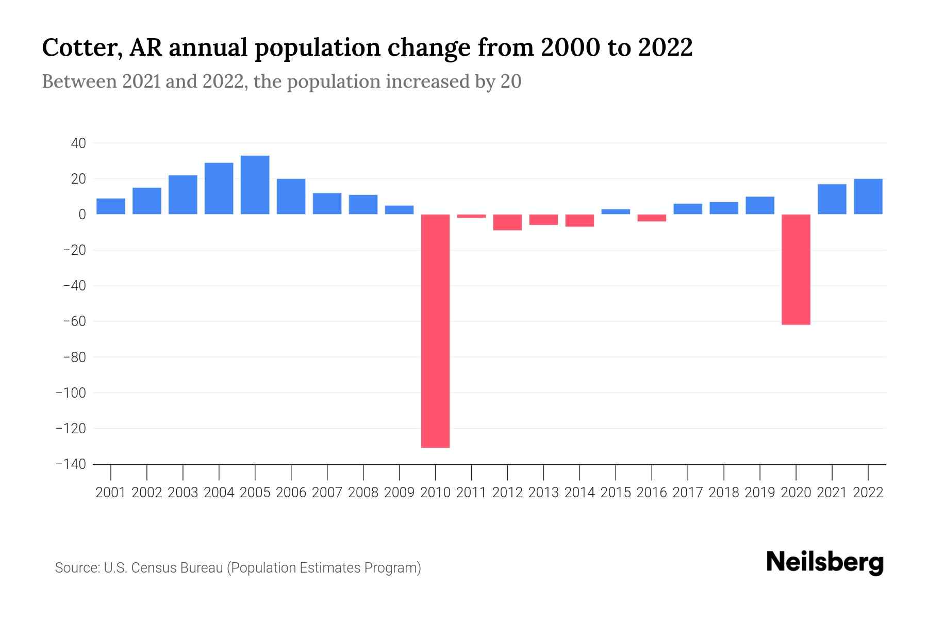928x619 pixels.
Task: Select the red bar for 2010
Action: [435, 330]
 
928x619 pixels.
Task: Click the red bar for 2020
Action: [796, 269]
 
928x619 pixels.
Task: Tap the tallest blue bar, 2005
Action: [255, 185]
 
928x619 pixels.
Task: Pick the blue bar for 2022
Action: [868, 197]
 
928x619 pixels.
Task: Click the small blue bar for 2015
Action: [616, 211]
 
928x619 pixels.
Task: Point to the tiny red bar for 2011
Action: [471, 216]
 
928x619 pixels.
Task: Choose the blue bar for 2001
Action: [111, 206]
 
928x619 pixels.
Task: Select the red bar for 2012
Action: [507, 222]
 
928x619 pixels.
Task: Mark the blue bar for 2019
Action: [759, 205]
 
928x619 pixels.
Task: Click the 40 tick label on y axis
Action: [78, 143]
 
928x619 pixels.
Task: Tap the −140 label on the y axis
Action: [71, 464]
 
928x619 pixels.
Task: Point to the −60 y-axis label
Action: [74, 321]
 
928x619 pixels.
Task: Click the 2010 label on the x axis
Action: [435, 493]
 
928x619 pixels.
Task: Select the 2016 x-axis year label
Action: [652, 493]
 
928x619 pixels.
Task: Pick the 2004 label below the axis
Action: [219, 493]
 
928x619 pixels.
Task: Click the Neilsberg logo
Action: [824, 562]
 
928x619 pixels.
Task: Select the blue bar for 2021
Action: [832, 199]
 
